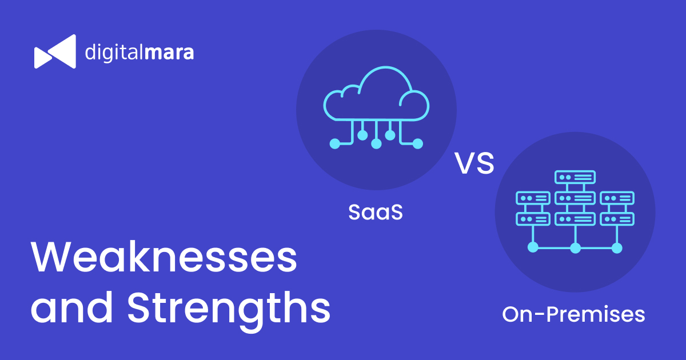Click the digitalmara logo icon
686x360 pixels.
[x=55, y=51]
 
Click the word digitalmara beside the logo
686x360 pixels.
[x=139, y=53]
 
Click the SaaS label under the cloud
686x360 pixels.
[x=376, y=213]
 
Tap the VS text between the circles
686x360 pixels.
[x=474, y=164]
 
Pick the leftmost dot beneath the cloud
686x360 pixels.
[x=335, y=143]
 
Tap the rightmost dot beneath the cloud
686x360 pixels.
[x=418, y=143]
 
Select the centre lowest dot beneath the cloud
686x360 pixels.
[x=376, y=144]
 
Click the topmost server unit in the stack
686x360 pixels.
[x=575, y=177]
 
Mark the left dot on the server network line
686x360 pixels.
[x=533, y=247]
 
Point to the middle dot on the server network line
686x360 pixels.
[x=576, y=247]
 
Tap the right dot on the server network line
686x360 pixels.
[x=617, y=247]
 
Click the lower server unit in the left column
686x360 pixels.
[x=533, y=219]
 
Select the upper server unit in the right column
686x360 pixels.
[x=617, y=198]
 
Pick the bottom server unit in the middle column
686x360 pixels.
[x=575, y=219]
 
